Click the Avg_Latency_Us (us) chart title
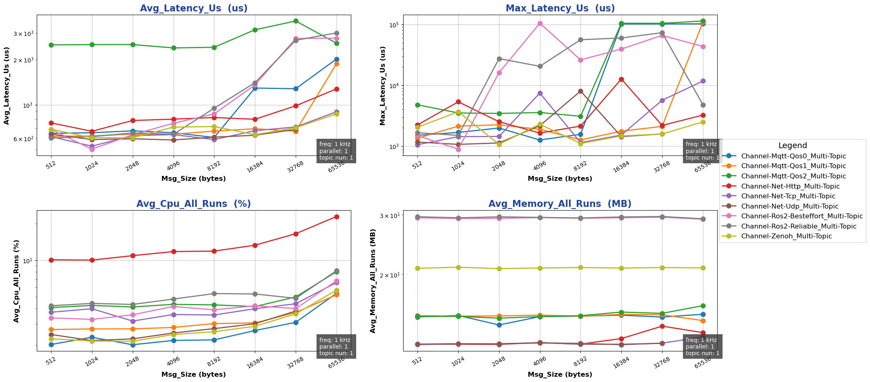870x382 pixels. (x=194, y=9)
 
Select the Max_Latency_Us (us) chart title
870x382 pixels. (x=560, y=9)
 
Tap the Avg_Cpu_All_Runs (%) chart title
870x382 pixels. (x=194, y=204)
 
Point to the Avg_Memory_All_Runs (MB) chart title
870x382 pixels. (x=560, y=204)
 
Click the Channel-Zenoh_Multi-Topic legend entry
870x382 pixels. (x=786, y=236)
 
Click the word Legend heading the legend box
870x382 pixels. (x=792, y=146)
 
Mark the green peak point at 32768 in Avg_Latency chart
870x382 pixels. (x=296, y=21)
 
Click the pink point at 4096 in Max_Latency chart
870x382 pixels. (x=540, y=23)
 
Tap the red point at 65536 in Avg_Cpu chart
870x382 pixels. (x=337, y=217)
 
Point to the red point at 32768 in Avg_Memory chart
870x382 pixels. (x=662, y=326)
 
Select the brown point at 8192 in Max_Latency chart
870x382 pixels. (x=580, y=91)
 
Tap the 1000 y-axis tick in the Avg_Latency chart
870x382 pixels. (x=27, y=105)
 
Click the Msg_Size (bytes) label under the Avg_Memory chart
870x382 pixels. (x=560, y=374)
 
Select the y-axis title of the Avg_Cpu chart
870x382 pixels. (x=16, y=281)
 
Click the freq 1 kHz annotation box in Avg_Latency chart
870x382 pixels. (x=336, y=151)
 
